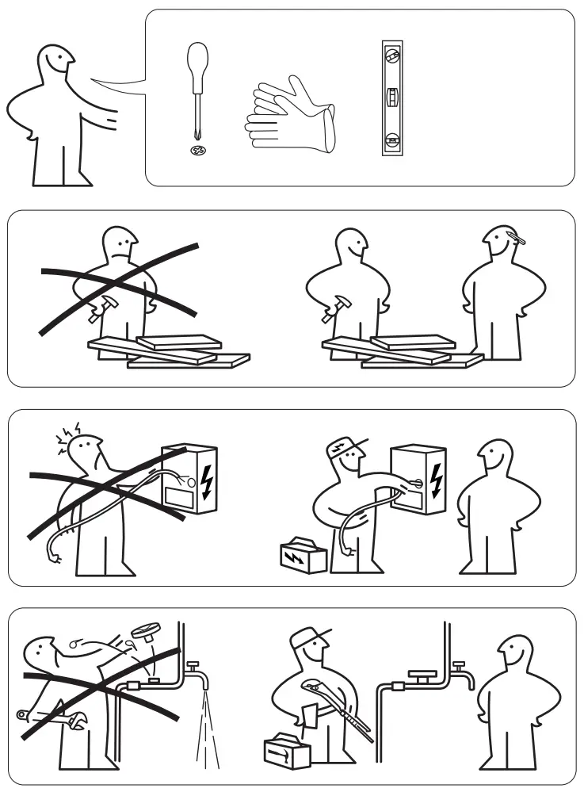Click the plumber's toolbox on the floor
(287, 748)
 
